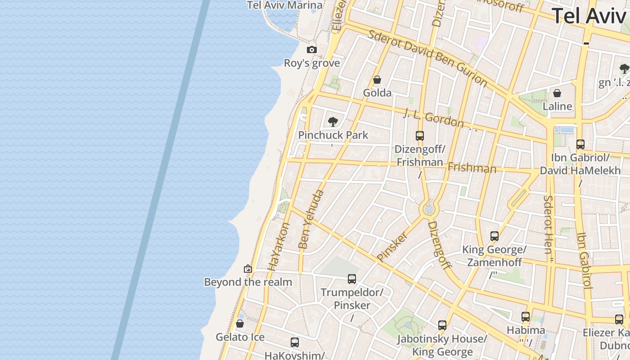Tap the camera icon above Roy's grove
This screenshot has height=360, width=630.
click(x=312, y=49)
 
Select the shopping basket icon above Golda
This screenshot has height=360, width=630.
click(x=377, y=80)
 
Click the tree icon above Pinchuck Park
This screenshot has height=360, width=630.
click(x=333, y=121)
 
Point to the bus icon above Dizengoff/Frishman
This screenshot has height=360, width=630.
click(x=420, y=135)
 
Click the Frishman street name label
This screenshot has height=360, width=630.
click(x=472, y=168)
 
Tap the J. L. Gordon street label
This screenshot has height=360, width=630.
click(x=433, y=117)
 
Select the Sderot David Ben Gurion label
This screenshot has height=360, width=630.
click(x=427, y=58)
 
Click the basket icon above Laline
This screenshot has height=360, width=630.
click(x=557, y=93)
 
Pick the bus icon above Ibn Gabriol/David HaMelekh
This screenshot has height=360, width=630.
click(x=580, y=144)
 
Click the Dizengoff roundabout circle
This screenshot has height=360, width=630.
click(x=428, y=209)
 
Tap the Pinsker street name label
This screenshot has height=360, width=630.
click(x=392, y=246)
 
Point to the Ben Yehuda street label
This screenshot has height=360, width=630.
click(x=311, y=220)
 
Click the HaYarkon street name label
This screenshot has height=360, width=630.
click(x=279, y=247)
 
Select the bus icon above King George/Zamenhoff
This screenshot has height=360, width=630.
click(x=495, y=236)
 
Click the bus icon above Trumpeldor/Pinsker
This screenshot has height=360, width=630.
click(x=352, y=279)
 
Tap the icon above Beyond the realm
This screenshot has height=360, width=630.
click(x=248, y=269)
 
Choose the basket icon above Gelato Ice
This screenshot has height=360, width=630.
click(x=240, y=324)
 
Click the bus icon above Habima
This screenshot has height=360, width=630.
click(x=526, y=317)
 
